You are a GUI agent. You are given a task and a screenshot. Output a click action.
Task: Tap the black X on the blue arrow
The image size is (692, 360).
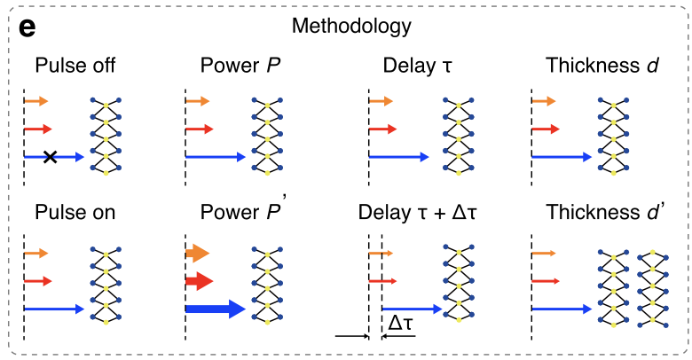[51, 157]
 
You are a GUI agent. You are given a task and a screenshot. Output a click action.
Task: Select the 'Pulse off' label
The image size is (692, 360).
[75, 66]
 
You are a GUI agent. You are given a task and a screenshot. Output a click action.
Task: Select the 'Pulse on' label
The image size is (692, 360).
[75, 214]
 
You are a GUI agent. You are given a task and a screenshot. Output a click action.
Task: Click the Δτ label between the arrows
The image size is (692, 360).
[400, 325]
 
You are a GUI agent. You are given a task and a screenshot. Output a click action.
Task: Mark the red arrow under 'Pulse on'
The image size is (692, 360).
[38, 281]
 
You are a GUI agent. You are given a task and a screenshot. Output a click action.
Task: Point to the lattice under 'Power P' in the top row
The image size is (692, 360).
[268, 133]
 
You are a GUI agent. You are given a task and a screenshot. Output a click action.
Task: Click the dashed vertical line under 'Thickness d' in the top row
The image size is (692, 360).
[531, 133]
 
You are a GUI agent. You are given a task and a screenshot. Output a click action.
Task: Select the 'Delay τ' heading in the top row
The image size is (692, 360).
[416, 66]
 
